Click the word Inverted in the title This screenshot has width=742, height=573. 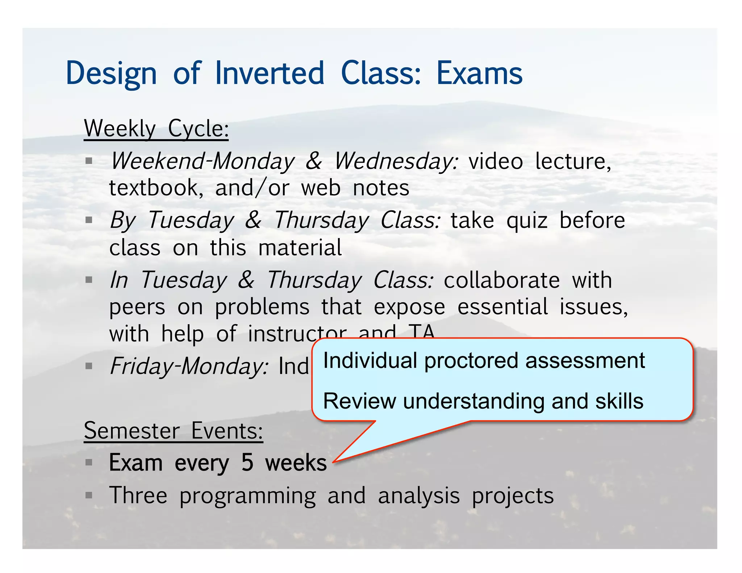[270, 73]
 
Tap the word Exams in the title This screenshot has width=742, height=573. [479, 73]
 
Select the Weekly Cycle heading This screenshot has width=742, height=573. [156, 129]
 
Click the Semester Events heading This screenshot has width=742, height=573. [173, 431]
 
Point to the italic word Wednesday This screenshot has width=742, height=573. [396, 161]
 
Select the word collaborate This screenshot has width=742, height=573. [502, 280]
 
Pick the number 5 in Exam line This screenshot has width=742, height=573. [247, 463]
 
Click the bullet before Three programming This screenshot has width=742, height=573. [89, 495]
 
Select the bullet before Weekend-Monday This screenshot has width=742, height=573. [89, 160]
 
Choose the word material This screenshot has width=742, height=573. [300, 248]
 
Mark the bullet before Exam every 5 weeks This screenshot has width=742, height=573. [89, 463]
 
